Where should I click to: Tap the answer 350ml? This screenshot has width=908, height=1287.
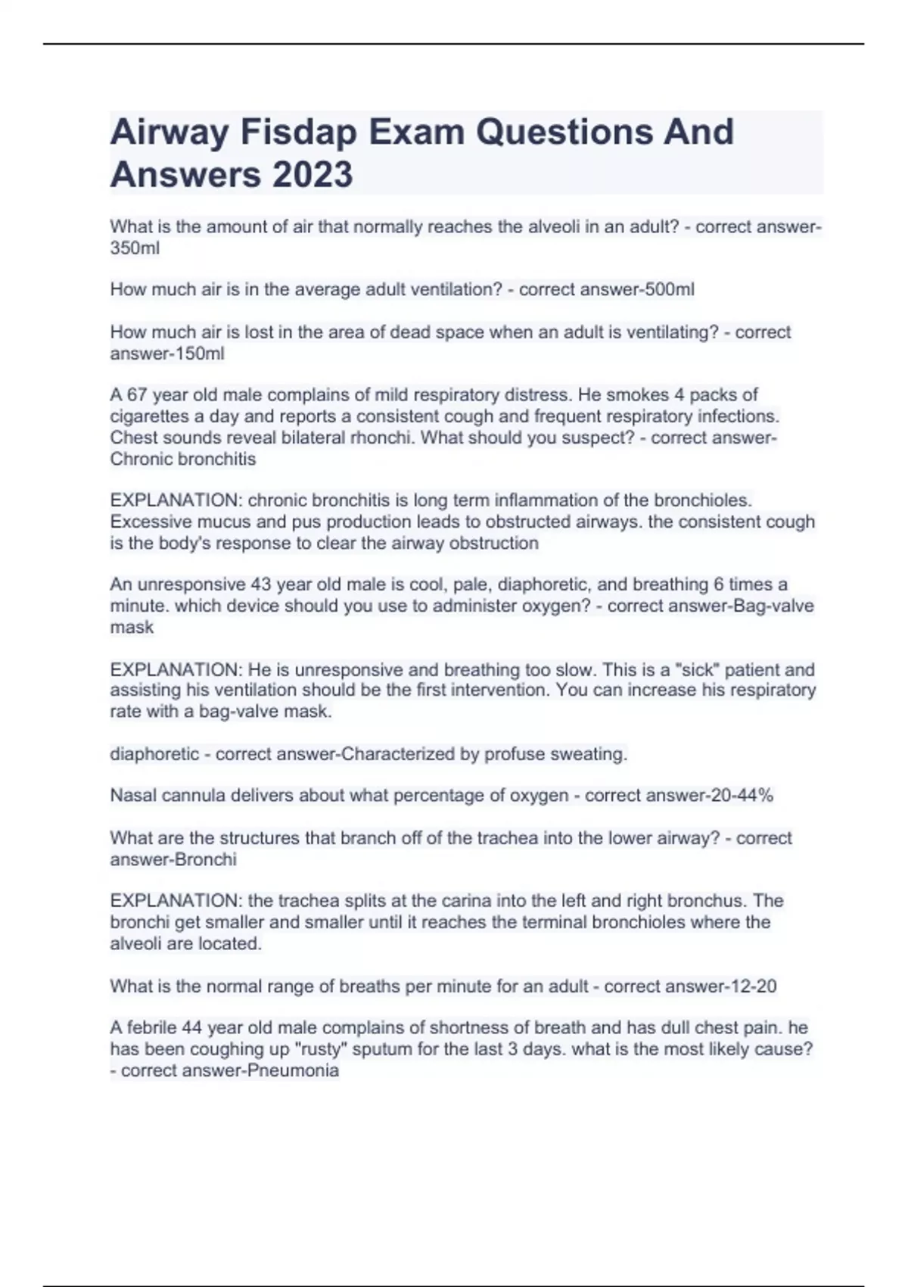tap(135, 248)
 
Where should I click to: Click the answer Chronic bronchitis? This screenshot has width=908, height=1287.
tap(183, 459)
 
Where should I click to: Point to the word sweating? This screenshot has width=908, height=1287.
tap(589, 754)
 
